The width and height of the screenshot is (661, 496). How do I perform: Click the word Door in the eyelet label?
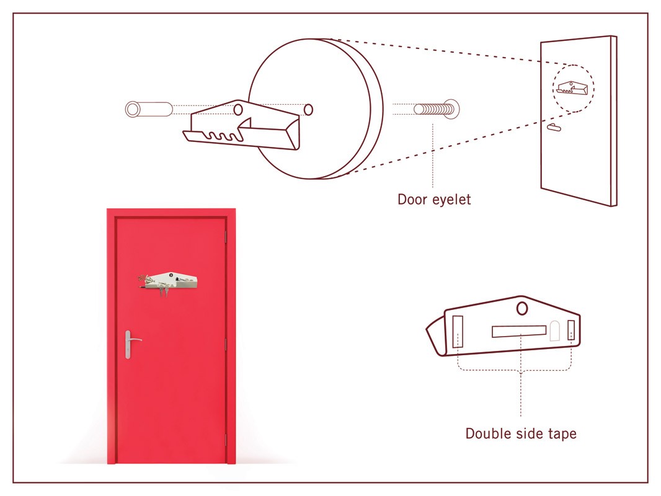[413, 199]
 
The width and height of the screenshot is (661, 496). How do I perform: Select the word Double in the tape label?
[490, 433]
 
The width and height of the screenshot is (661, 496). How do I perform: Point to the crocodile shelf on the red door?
[168, 281]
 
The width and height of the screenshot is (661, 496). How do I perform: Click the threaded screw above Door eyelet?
[437, 110]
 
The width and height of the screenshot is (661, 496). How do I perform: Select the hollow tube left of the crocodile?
[149, 109]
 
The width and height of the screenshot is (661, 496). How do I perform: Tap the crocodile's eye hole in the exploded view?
[238, 110]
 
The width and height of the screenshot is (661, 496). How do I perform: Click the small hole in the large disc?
[309, 110]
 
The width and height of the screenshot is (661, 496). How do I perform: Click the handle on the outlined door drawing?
[554, 127]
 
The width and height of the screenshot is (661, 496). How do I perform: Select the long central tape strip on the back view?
[519, 331]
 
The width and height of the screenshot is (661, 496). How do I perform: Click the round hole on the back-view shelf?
[522, 309]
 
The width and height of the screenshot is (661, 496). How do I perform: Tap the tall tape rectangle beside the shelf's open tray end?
[458, 332]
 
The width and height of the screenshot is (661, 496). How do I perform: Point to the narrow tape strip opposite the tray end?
[571, 330]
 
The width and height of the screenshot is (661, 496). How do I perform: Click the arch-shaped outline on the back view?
[555, 331]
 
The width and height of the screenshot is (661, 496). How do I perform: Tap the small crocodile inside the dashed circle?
[572, 87]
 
